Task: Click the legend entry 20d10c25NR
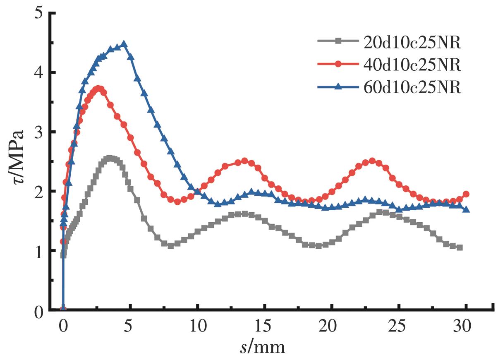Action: coord(412,41)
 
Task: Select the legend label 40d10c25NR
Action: coord(412,65)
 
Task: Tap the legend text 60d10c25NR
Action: coord(412,88)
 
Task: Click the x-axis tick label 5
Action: coord(130,327)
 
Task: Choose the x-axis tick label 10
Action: coord(198,327)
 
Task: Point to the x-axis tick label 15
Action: coord(265,327)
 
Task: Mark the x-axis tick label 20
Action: coord(332,327)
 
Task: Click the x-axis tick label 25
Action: coord(399,327)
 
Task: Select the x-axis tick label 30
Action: coord(466,327)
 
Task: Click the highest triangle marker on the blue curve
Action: coord(123,44)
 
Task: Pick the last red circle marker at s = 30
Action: coord(466,194)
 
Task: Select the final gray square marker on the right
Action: coord(460,247)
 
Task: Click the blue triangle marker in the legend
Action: coord(338,88)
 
